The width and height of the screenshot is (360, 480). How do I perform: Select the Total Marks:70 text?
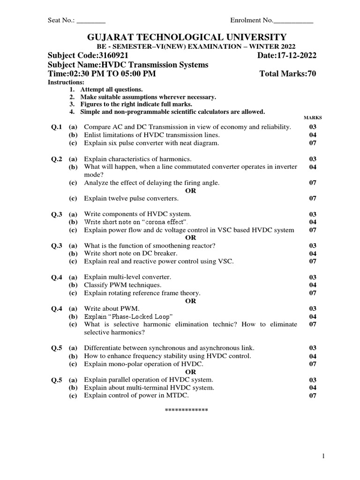288,74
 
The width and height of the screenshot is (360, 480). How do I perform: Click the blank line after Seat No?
91,21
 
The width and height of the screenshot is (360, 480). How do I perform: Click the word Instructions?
66,82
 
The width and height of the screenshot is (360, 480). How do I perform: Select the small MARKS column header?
313,118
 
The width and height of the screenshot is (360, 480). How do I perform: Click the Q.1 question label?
57,127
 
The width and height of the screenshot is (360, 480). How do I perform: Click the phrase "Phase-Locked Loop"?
140,316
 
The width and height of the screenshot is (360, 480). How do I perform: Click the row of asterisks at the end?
186,410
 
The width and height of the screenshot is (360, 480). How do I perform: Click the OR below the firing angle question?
190,190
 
